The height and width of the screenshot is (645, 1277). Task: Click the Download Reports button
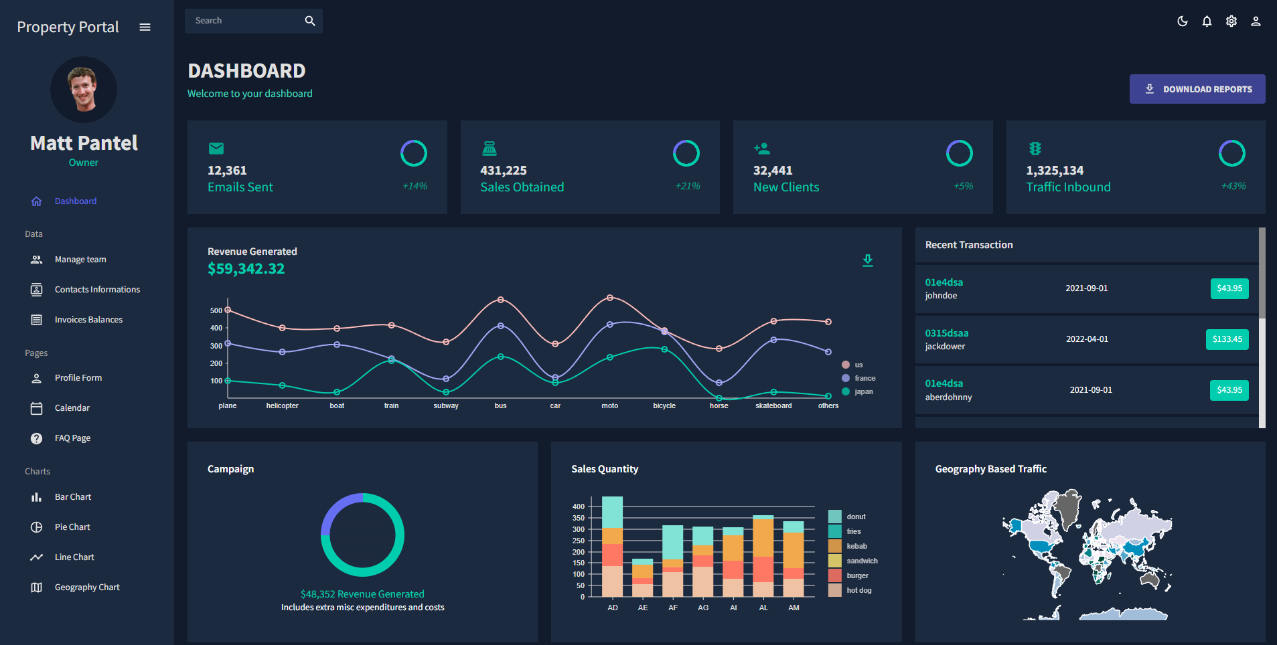(x=1197, y=89)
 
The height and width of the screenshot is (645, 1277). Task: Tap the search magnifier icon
(x=309, y=21)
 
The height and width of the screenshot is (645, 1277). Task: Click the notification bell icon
(x=1207, y=21)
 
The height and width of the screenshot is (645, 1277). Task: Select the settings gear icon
(x=1231, y=21)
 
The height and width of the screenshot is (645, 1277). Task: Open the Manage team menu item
(x=80, y=260)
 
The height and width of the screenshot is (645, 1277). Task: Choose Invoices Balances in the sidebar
(x=88, y=320)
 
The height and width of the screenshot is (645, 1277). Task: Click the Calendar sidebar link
(x=72, y=408)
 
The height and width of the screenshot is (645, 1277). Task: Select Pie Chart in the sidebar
(x=72, y=527)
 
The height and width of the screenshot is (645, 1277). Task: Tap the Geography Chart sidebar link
(x=87, y=587)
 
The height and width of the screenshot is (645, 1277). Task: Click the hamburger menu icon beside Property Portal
(x=145, y=27)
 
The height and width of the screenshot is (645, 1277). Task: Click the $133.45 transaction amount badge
(x=1227, y=339)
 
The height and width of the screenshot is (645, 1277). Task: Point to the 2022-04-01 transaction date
(x=1087, y=339)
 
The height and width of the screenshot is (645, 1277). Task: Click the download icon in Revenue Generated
(x=867, y=260)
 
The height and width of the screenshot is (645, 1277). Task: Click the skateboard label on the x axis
(x=773, y=405)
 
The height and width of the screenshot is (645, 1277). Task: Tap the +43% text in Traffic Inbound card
(x=1233, y=186)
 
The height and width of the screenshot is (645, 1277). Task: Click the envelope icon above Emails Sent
(x=216, y=149)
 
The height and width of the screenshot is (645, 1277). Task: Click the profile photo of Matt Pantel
(x=84, y=89)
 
